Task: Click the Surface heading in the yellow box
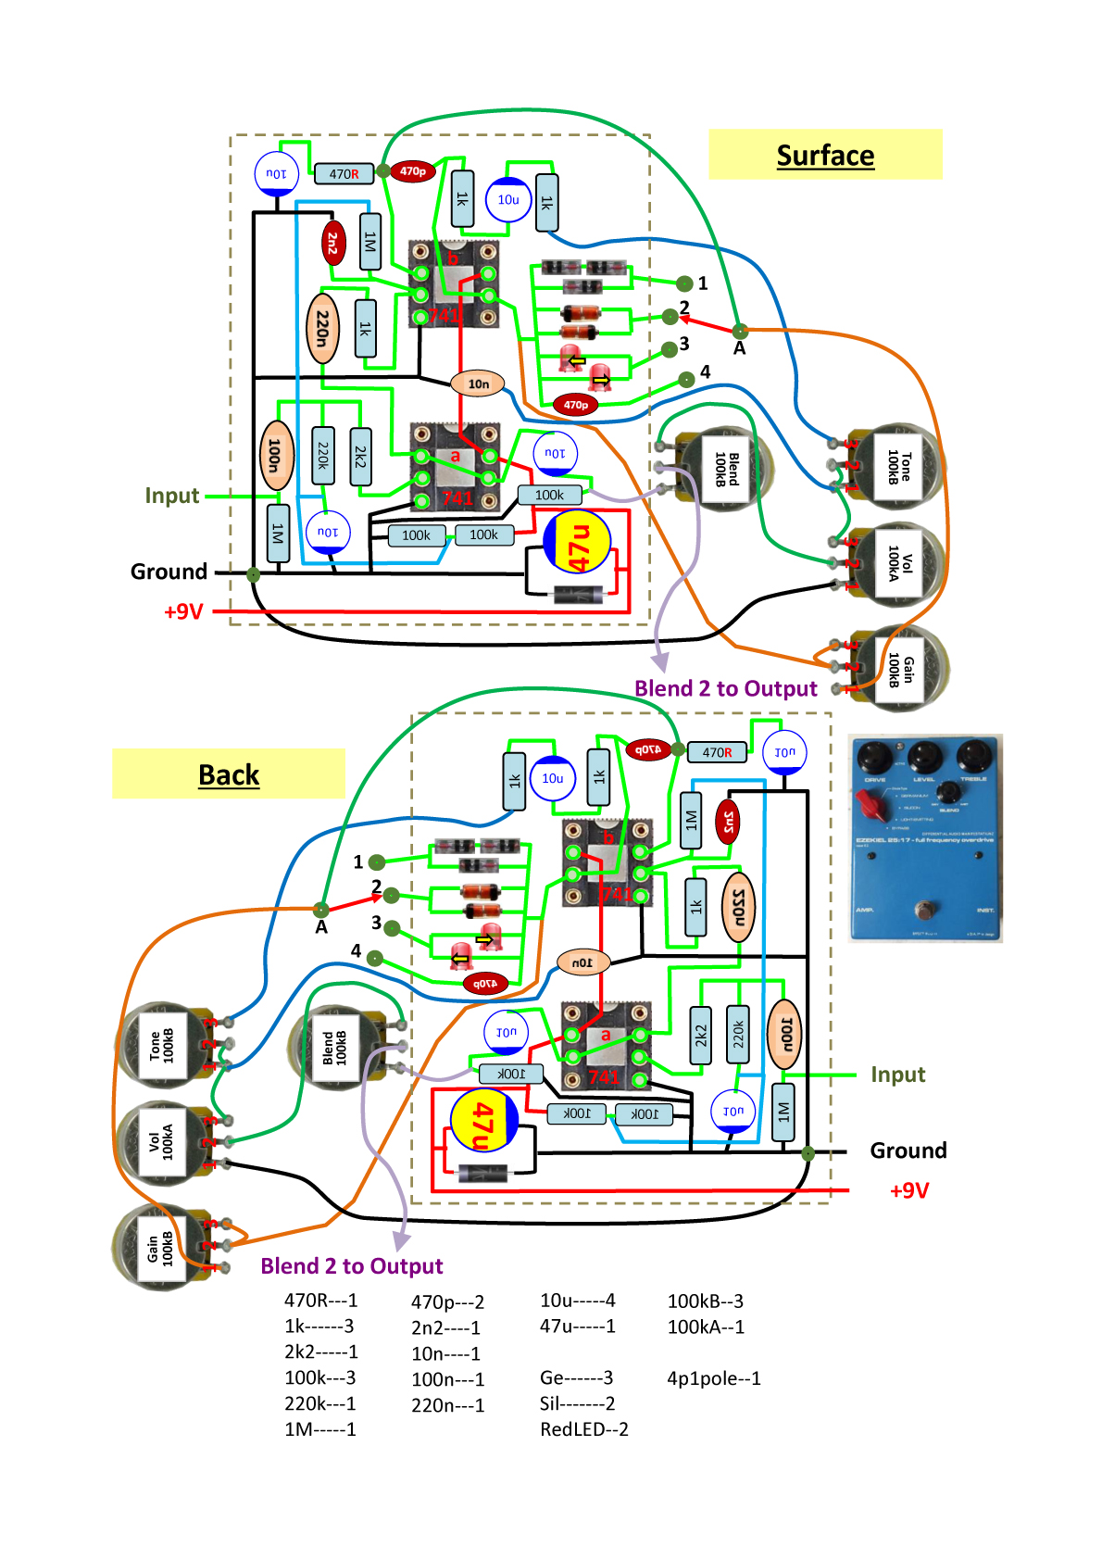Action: click(x=825, y=156)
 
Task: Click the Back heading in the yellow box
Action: click(x=229, y=774)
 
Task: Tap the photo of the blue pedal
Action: click(x=925, y=838)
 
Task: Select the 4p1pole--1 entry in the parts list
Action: click(x=714, y=1378)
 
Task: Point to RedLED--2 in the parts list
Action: click(x=584, y=1429)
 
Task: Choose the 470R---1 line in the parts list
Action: click(x=320, y=1301)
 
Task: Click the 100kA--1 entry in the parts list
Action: click(x=706, y=1326)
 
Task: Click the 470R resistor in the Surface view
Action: click(x=344, y=174)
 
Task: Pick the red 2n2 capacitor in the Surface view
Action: click(x=333, y=243)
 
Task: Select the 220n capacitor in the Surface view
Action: click(x=322, y=328)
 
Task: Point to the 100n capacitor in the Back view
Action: click(x=784, y=1035)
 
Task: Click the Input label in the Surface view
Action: click(x=172, y=496)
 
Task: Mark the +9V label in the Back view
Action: click(x=909, y=1190)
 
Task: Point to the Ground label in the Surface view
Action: click(x=169, y=572)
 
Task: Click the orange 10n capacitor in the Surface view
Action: click(x=478, y=383)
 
